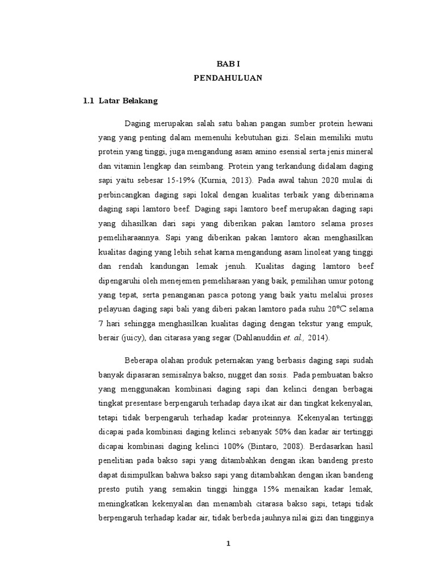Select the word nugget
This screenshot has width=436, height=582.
[x=241, y=375]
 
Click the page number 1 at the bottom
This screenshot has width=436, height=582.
[x=228, y=543]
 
